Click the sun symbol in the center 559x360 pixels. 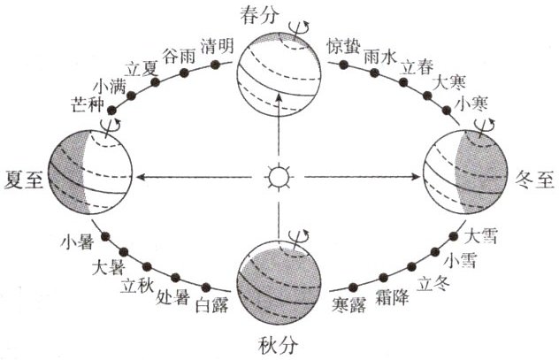pos(279,178)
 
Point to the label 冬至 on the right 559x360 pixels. pos(533,177)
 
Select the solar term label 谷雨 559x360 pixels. pos(180,54)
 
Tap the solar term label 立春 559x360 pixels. pos(417,67)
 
